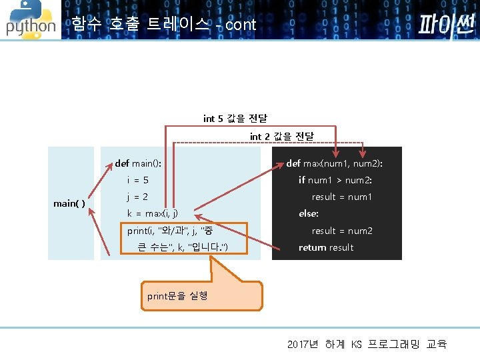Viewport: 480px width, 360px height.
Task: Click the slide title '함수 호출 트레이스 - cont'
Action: tap(163, 25)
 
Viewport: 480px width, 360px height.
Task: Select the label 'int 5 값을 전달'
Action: tap(235, 119)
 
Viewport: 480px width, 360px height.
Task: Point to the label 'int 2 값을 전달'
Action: tap(281, 137)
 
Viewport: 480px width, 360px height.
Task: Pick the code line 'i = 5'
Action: tap(138, 180)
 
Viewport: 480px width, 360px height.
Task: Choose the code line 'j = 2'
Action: tap(137, 197)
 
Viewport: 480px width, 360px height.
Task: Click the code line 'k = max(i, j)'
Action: tap(153, 214)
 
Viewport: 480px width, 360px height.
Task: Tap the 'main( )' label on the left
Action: tap(69, 203)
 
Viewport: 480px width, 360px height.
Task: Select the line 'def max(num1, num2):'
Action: tap(335, 163)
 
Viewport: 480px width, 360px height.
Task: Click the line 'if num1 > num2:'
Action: tap(335, 180)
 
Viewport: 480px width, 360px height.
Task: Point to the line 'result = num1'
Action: tap(342, 197)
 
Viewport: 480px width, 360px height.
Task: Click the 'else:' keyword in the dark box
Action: tap(309, 214)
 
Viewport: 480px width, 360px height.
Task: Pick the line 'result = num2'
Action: tap(342, 231)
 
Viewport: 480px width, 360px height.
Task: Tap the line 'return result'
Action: tap(326, 248)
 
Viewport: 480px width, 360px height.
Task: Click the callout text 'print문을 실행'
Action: tap(177, 295)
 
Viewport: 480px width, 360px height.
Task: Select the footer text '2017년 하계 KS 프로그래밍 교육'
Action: tap(367, 344)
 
